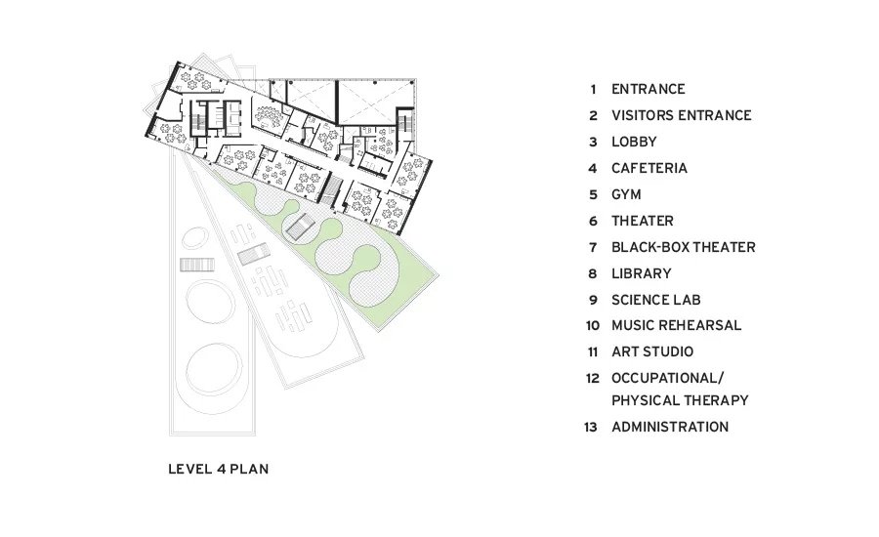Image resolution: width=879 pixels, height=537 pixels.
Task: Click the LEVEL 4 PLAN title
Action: pos(219,469)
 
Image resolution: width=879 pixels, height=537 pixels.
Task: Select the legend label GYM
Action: pos(626,194)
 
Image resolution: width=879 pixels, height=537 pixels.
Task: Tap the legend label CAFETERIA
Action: pos(649,168)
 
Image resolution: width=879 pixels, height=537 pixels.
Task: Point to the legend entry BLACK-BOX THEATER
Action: pos(684,247)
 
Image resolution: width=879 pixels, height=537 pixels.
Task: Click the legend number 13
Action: pos(591,427)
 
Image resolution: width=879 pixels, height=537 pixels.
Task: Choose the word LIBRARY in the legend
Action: pos(642,273)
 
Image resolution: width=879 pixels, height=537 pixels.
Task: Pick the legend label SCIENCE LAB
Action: pos(656,300)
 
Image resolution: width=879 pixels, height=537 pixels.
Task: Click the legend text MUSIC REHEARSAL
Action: pos(677,325)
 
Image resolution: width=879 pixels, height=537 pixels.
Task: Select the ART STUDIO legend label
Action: pos(652,351)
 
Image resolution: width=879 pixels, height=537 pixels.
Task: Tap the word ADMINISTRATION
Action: pos(670,427)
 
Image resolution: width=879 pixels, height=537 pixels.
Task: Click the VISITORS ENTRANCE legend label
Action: pos(682,115)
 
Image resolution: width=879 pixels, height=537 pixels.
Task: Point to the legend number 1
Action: pos(593,90)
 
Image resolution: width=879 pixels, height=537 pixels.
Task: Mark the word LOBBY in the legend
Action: pos(634,142)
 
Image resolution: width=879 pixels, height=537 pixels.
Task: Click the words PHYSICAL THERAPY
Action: pos(680,400)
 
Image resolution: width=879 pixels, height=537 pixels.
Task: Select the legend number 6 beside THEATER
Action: pos(593,222)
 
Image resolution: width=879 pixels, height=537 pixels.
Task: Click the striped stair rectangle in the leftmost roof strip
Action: pos(196,265)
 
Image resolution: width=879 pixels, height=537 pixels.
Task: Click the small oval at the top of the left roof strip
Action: pos(194,237)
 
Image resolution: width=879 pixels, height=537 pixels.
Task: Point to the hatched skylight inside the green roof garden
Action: pos(300,227)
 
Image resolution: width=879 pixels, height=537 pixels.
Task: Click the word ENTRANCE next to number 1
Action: pos(649,89)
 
